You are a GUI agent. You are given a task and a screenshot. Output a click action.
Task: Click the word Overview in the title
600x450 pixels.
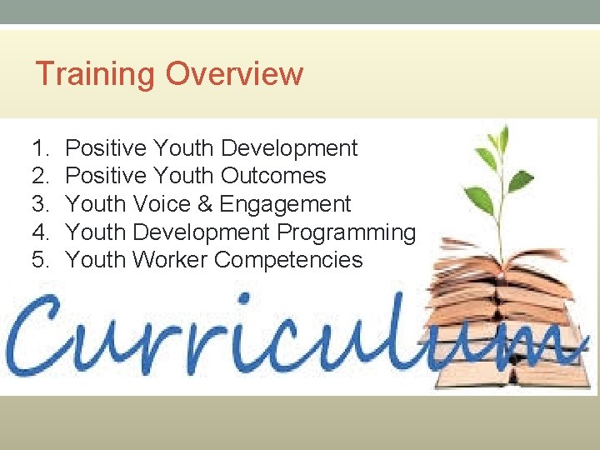pos(234,74)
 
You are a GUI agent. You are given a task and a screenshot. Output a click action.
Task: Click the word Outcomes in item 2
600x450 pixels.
pos(273,176)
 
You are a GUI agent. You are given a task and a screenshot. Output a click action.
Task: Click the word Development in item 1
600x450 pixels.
pos(289,148)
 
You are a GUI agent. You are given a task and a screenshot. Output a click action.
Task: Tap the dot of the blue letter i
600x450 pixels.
pos(244,297)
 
